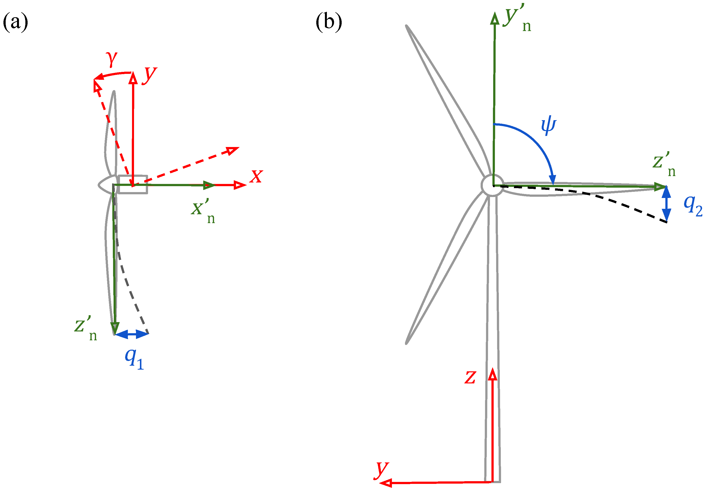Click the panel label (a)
click(15, 22)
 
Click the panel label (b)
click(329, 22)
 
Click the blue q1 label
click(134, 359)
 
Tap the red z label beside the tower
click(470, 377)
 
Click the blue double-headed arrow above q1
click(132, 334)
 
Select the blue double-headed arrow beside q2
click(666, 203)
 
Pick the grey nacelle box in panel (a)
click(133, 184)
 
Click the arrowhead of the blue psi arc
click(553, 179)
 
